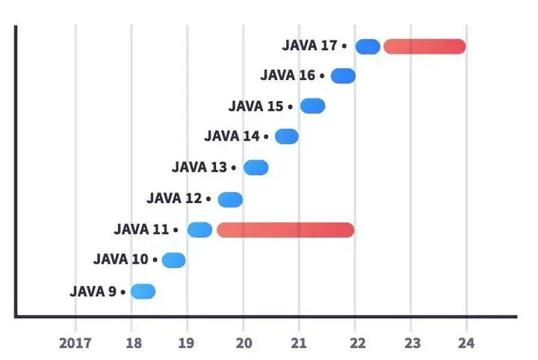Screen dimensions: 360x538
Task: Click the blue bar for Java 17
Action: [368, 46]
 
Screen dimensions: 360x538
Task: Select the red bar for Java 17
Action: [424, 46]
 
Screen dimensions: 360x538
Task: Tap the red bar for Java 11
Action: [285, 230]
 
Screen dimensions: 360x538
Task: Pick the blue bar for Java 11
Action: [200, 230]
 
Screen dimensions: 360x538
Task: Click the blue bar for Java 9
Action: [143, 291]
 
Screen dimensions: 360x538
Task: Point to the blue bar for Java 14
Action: [286, 136]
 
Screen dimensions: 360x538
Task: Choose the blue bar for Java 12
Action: [230, 199]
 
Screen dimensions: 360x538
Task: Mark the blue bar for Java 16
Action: [343, 75]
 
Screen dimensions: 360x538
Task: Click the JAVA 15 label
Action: [256, 106]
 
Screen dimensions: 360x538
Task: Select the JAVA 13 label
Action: [200, 167]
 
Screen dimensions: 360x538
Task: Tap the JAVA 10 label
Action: [121, 260]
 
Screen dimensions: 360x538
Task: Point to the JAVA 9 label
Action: [93, 291]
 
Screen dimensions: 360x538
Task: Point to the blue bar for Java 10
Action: [173, 260]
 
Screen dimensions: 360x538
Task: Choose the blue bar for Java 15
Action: [312, 106]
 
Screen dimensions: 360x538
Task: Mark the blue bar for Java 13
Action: [256, 167]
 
